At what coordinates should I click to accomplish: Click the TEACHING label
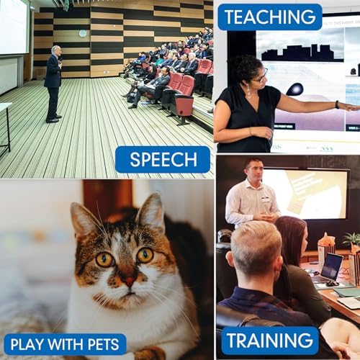tap(269, 17)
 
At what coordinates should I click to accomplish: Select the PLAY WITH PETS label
tap(64, 344)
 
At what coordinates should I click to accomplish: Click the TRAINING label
tap(270, 341)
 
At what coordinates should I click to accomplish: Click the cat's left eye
tap(104, 259)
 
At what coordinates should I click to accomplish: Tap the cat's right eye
tap(145, 255)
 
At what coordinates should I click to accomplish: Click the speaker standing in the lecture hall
tap(53, 83)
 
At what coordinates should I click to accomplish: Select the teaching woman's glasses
tap(257, 74)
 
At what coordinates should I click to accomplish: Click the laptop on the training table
tap(330, 267)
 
